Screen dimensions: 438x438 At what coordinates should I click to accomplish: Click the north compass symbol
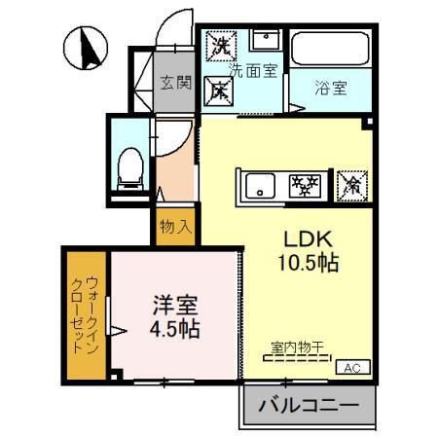tap(85, 46)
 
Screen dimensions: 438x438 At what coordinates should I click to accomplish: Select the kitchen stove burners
tap(309, 185)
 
